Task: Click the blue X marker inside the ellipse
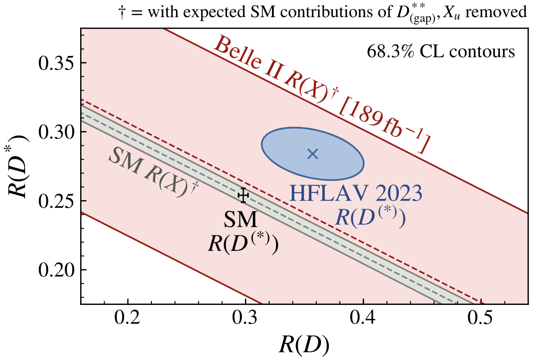tap(313, 154)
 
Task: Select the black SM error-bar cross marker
tap(244, 196)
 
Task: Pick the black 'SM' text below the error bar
tap(240, 221)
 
